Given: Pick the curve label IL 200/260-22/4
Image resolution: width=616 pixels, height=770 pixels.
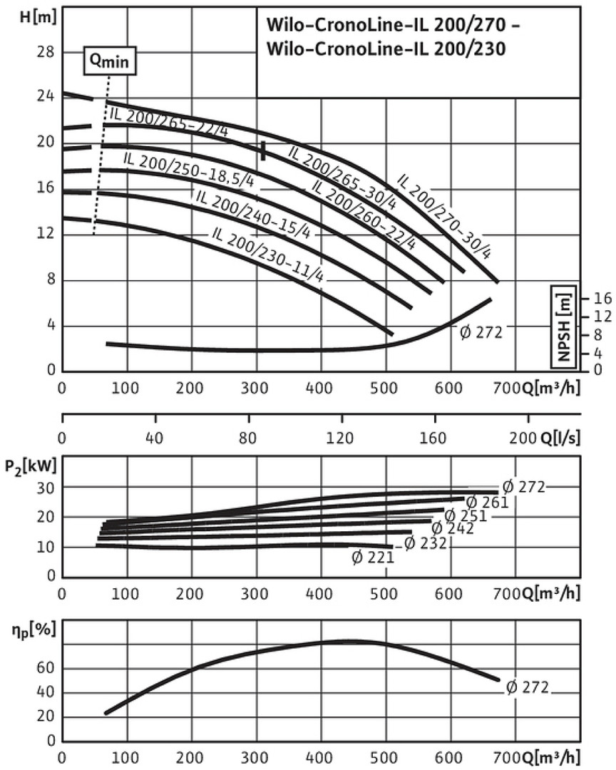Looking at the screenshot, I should [x=363, y=215].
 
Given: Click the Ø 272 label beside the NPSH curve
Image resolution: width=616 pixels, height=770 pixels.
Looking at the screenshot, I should [x=481, y=332].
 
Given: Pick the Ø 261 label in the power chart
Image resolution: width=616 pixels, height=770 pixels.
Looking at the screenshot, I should [x=487, y=502].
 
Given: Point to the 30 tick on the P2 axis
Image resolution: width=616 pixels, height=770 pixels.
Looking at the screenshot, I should [x=47, y=487].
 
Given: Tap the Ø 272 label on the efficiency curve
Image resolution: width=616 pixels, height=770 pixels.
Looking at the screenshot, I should [x=528, y=687].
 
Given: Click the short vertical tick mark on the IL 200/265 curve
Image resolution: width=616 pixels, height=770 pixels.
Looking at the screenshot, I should [x=264, y=150].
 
